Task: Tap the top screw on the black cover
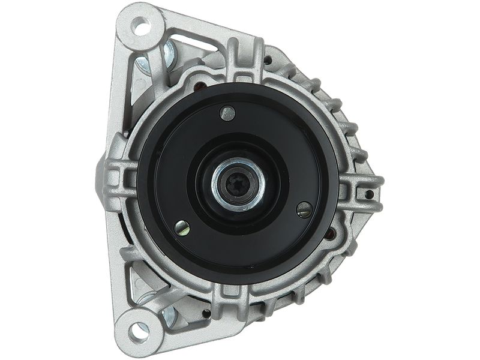click(227, 110)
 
